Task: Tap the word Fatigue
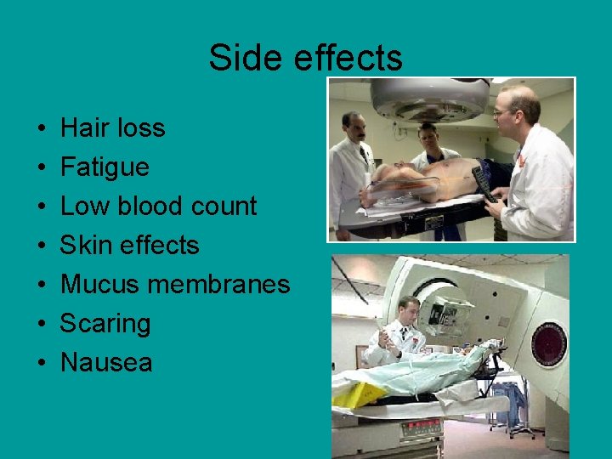(105, 167)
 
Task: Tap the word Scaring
(105, 324)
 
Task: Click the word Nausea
(106, 363)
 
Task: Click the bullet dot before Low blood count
(42, 207)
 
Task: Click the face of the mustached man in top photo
(355, 128)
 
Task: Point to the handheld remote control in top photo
(485, 182)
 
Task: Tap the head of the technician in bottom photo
(409, 308)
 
